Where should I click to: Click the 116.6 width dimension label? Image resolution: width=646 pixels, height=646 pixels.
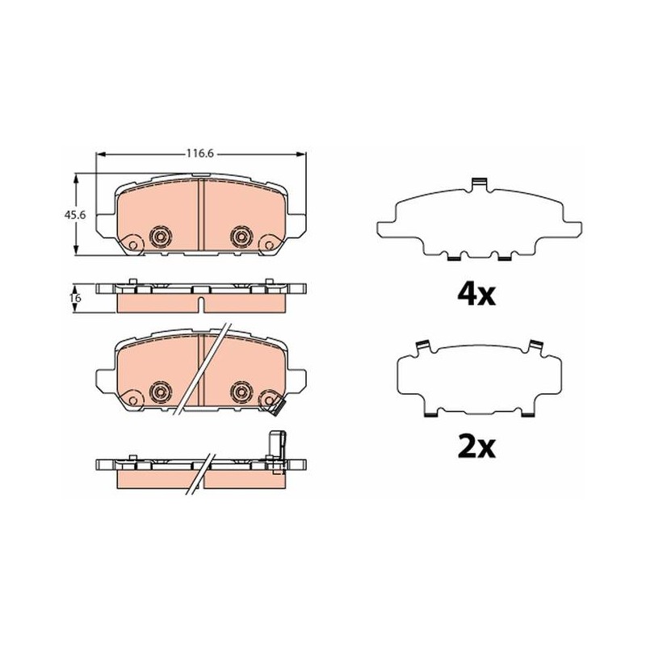(x=200, y=153)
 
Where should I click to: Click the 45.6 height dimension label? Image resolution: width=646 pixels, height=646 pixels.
(x=74, y=215)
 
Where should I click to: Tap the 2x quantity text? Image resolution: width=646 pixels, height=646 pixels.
(x=476, y=447)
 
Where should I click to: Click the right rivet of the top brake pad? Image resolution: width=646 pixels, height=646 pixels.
(x=241, y=237)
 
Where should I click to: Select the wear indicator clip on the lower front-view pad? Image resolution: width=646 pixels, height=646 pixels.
(x=275, y=408)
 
